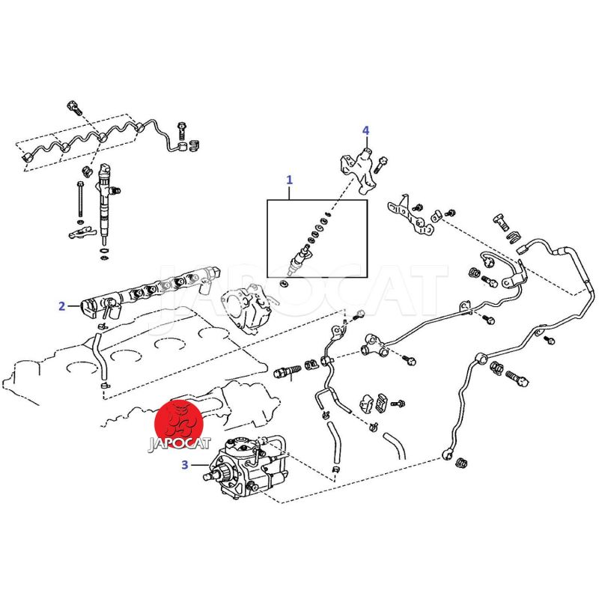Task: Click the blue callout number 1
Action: [289, 180]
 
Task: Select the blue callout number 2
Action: [62, 306]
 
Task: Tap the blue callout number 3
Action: [185, 465]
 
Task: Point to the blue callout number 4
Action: [365, 130]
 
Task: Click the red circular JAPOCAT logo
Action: [178, 422]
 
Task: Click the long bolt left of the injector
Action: [80, 199]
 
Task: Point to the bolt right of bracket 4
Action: [383, 164]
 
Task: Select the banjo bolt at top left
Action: [74, 107]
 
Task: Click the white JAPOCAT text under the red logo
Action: [179, 443]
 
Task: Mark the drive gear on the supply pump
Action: [223, 474]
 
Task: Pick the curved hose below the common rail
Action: [100, 355]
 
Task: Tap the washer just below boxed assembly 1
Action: [284, 283]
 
